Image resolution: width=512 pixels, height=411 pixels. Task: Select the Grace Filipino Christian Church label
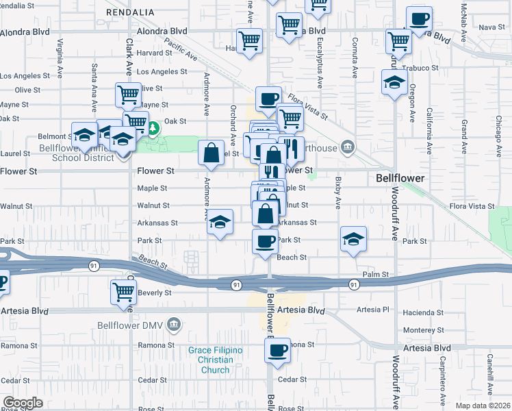pyautogui.click(x=216, y=360)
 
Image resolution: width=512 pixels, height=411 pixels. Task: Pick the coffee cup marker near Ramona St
pyautogui.click(x=277, y=351)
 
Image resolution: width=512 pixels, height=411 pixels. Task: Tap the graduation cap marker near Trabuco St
pyautogui.click(x=394, y=83)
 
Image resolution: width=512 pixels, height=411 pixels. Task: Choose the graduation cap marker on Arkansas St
pyautogui.click(x=220, y=222)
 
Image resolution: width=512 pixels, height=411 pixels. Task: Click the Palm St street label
pyautogui.click(x=376, y=274)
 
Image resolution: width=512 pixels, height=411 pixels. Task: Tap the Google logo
pyautogui.click(x=23, y=403)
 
